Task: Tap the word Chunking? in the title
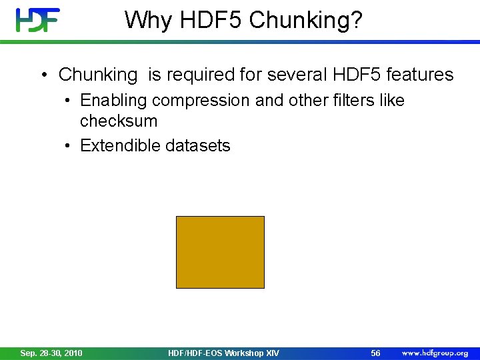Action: pos(306,20)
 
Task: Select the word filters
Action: pos(343,101)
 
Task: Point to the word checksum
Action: pos(119,121)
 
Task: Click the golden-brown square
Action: pos(220,252)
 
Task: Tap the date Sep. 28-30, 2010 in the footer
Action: pos(51,353)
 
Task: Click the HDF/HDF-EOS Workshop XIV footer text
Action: pos(224,353)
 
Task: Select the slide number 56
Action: pos(375,353)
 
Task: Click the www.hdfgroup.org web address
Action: pos(435,353)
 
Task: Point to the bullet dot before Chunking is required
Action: pos(43,75)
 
